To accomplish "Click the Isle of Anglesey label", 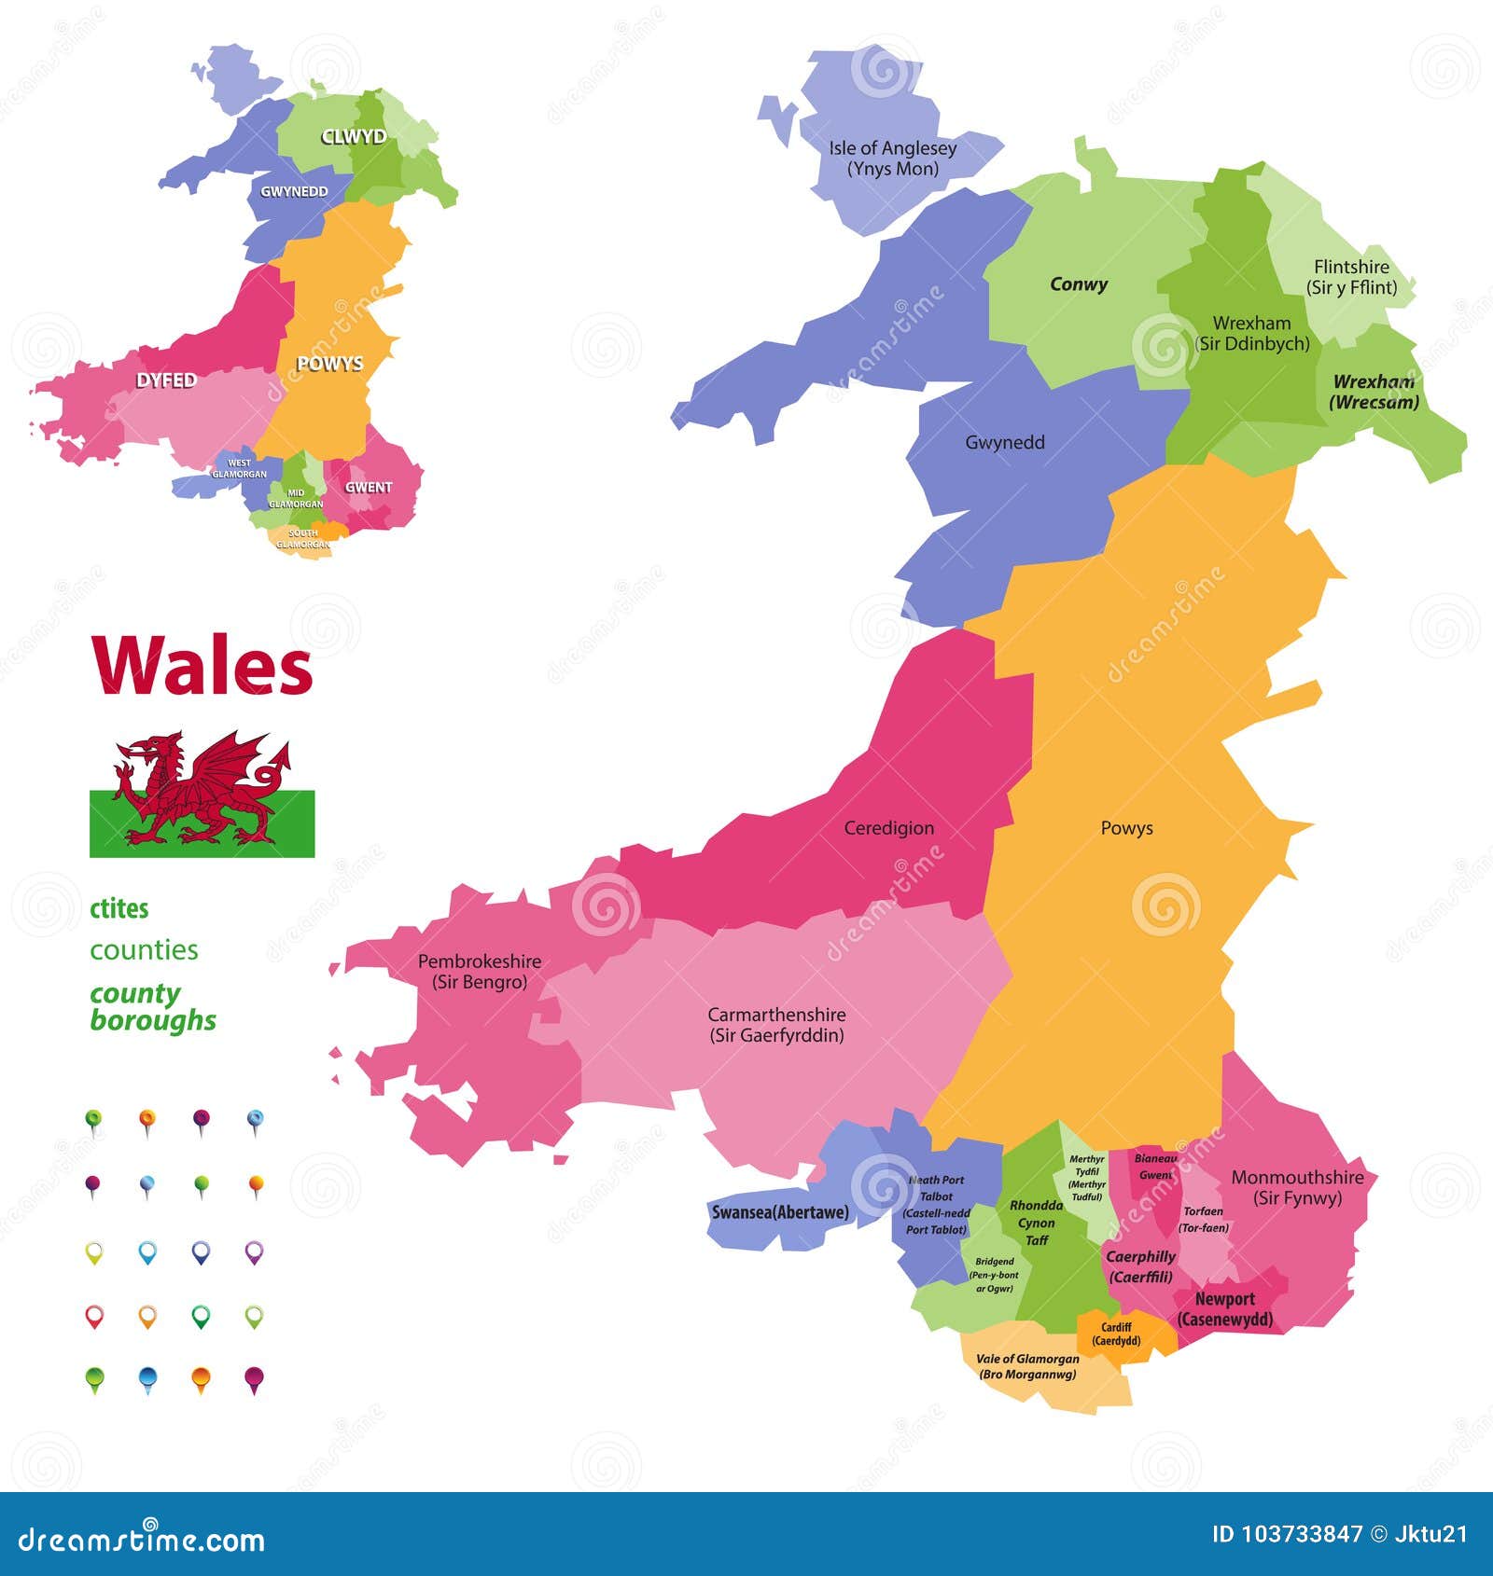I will pyautogui.click(x=892, y=159).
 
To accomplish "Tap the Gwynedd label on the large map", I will pyautogui.click(x=1004, y=442).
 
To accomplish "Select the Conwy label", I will pyautogui.click(x=1079, y=284).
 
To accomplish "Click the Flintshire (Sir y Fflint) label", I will pyautogui.click(x=1351, y=277).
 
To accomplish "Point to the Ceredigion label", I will pyautogui.click(x=888, y=828).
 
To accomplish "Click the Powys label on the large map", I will pyautogui.click(x=1126, y=828).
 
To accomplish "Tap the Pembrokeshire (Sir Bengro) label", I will pyautogui.click(x=479, y=971).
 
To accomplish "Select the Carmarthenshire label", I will pyautogui.click(x=776, y=1024).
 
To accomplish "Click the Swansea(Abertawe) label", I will pyautogui.click(x=780, y=1212).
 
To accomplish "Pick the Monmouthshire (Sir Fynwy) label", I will pyautogui.click(x=1297, y=1187).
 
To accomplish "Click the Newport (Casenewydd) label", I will pyautogui.click(x=1224, y=1309).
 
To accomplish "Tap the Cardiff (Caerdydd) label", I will pyautogui.click(x=1116, y=1334).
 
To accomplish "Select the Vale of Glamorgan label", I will pyautogui.click(x=1027, y=1366).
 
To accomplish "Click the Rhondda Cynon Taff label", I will pyautogui.click(x=1036, y=1223).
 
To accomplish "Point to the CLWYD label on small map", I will pyautogui.click(x=354, y=137).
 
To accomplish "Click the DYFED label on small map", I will pyautogui.click(x=166, y=380).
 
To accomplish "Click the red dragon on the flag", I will pyautogui.click(x=201, y=789).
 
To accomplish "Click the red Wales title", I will pyautogui.click(x=202, y=666).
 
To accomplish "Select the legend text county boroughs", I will pyautogui.click(x=152, y=1007).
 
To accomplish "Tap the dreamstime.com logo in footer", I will pyautogui.click(x=142, y=1539).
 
